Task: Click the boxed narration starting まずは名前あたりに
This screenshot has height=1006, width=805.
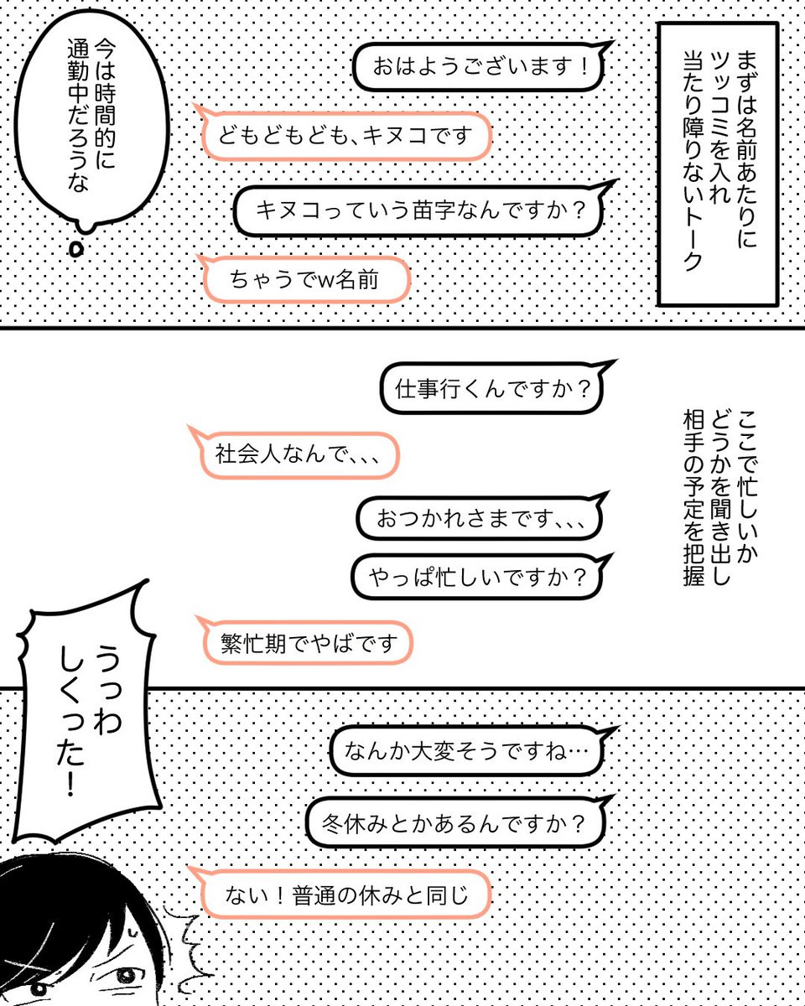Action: click(x=718, y=163)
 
